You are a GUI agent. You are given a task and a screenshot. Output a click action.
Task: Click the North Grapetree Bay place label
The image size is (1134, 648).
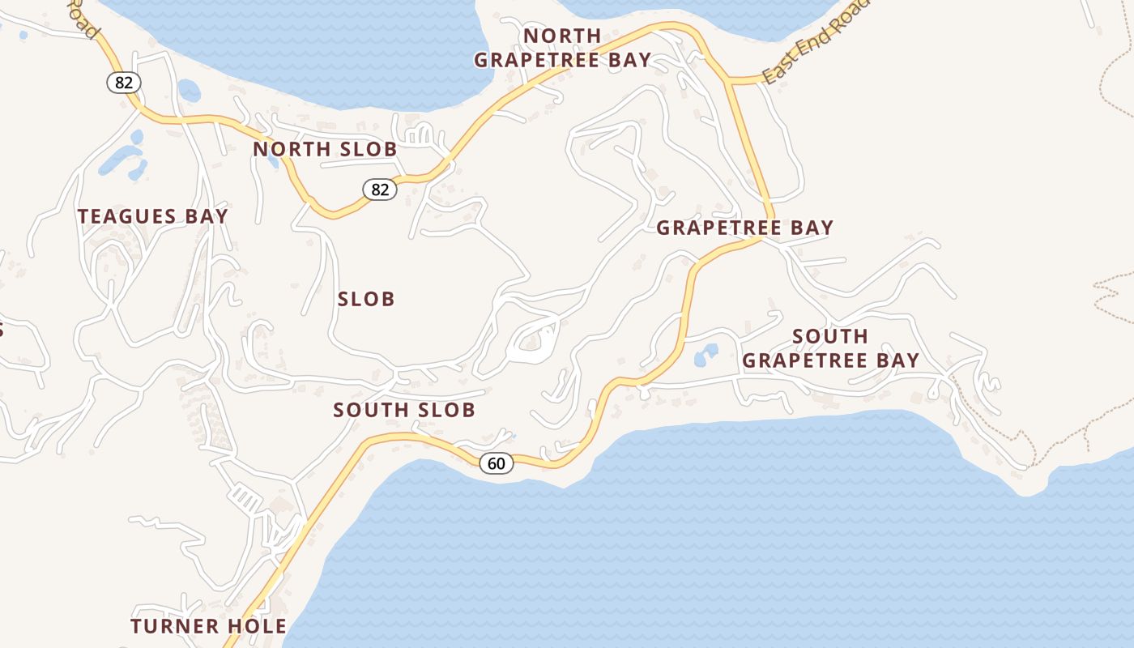(x=562, y=48)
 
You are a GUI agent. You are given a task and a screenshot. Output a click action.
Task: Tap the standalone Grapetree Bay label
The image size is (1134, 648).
(x=744, y=228)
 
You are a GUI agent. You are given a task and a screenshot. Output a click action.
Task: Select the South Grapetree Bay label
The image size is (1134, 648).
(x=830, y=348)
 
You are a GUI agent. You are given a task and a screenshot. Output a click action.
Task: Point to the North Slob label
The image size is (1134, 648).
(x=325, y=149)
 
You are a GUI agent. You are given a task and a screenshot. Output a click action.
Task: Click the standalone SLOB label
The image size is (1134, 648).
(x=366, y=299)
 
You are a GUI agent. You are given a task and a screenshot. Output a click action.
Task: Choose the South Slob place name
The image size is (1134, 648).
(x=404, y=410)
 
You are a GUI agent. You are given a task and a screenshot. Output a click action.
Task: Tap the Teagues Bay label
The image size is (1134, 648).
(x=152, y=216)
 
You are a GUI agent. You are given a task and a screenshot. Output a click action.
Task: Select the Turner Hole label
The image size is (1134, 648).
(x=208, y=626)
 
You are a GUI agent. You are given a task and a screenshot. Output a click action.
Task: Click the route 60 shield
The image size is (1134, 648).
(x=497, y=463)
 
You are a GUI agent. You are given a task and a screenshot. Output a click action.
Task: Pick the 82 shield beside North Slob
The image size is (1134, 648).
(x=379, y=190)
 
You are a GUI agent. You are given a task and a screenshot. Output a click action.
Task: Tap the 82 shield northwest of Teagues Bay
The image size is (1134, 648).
(x=123, y=82)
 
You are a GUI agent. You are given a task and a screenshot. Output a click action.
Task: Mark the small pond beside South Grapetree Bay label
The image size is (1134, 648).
(x=706, y=355)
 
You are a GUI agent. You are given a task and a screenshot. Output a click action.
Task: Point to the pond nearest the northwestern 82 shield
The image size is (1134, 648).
(x=189, y=90)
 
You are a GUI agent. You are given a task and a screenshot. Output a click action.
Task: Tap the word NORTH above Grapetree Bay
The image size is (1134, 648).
(x=562, y=36)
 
